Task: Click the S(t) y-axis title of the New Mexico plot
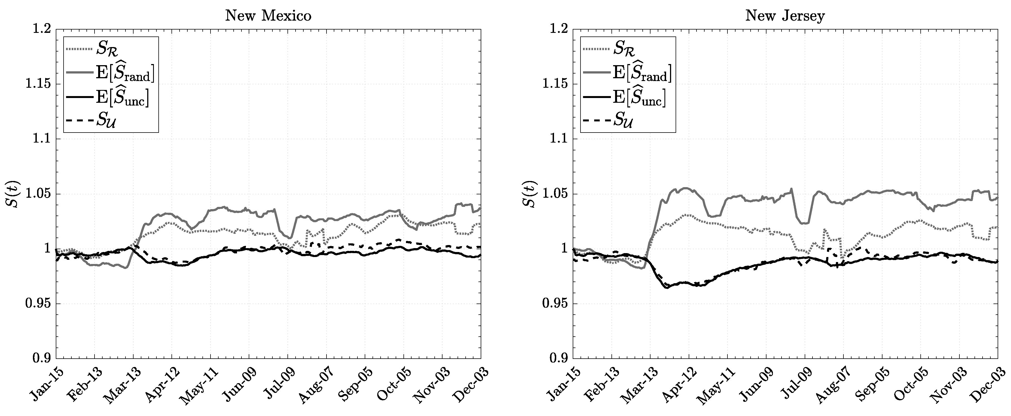(15, 194)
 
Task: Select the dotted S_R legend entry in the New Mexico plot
(106, 49)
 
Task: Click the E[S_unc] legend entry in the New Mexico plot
(122, 98)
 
